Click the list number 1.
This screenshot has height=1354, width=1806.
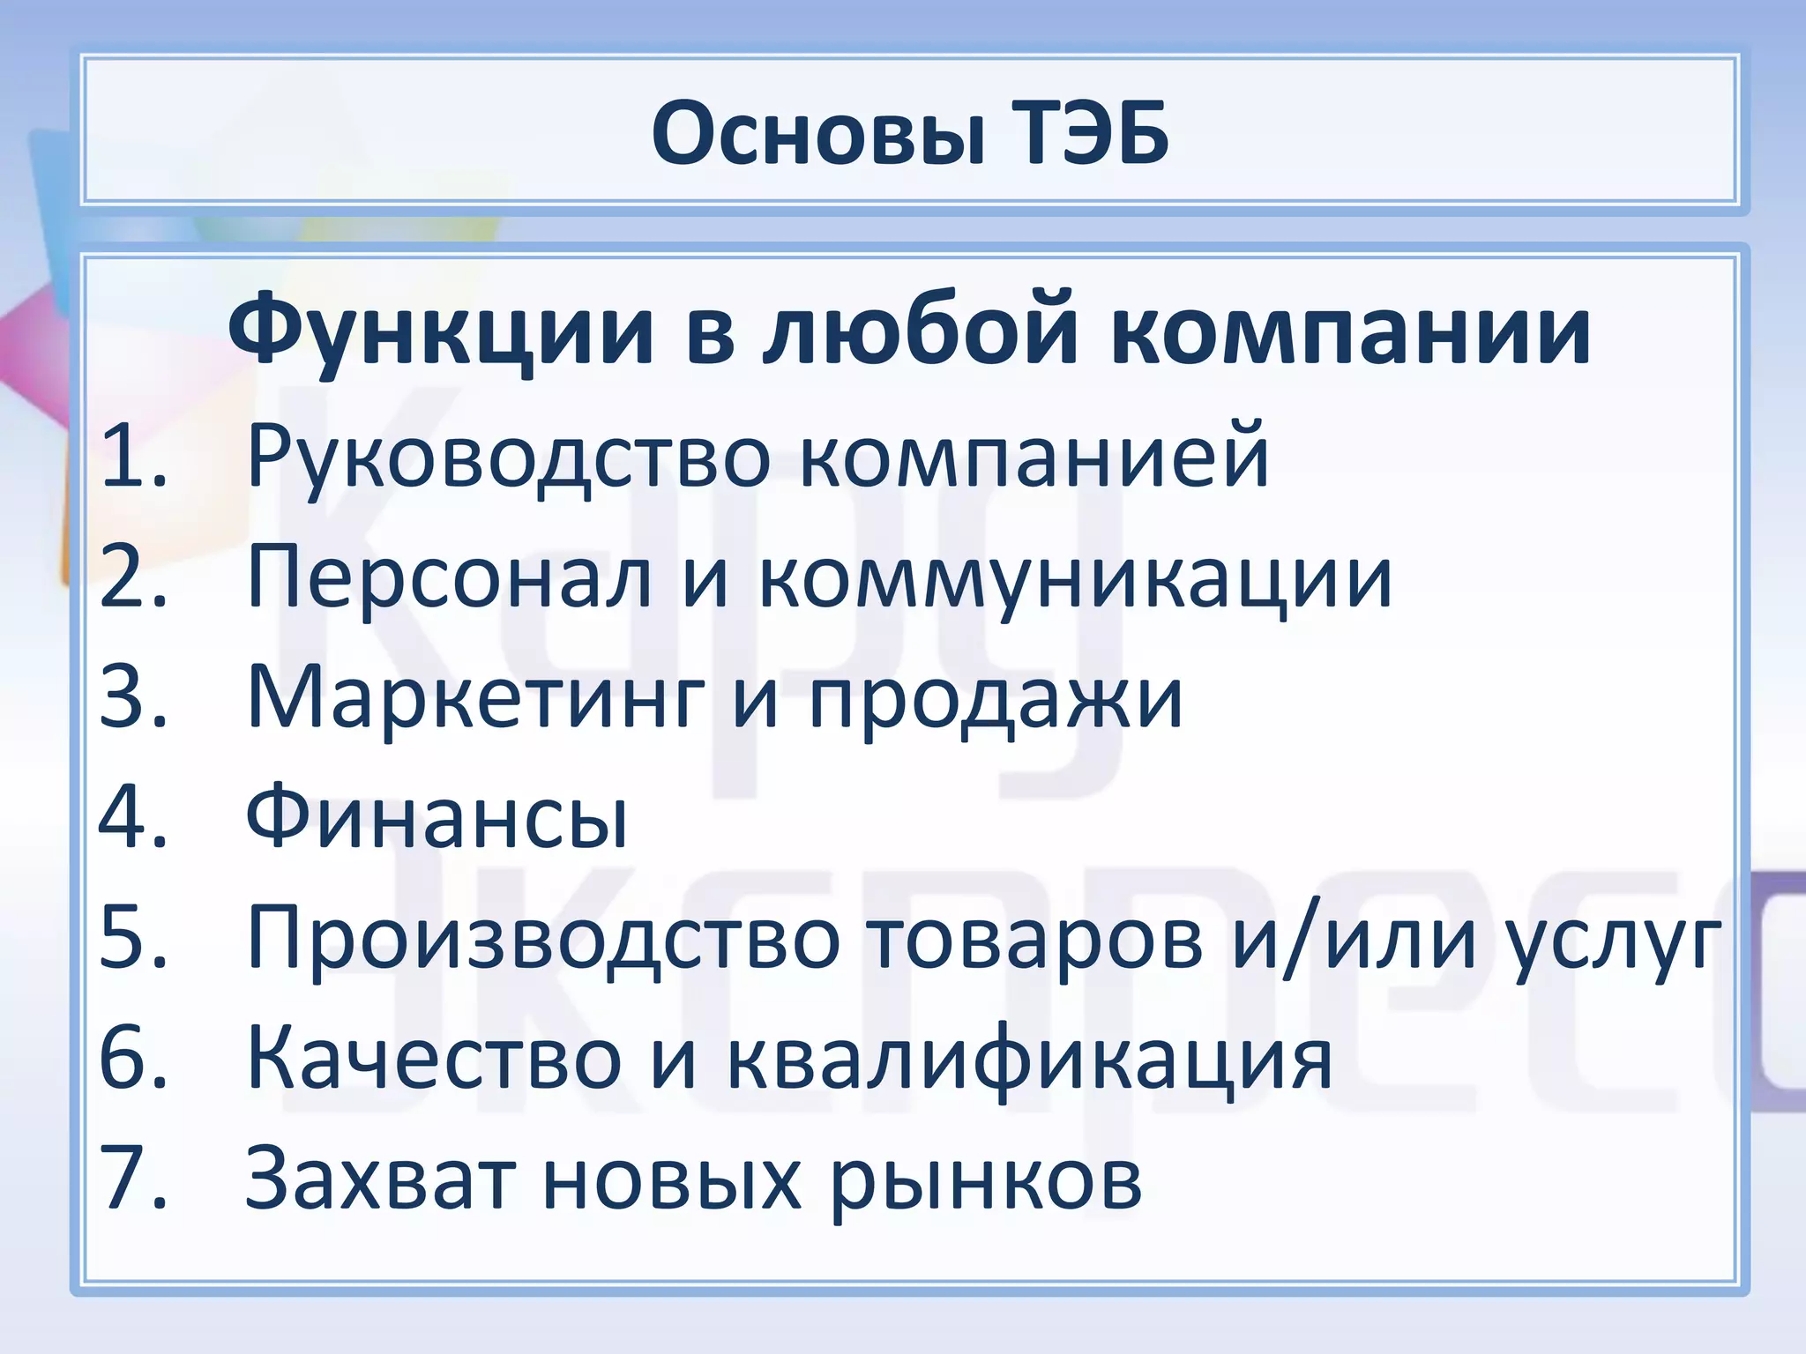[132, 456]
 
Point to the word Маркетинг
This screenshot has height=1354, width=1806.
[476, 699]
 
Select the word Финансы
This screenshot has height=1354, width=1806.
[437, 817]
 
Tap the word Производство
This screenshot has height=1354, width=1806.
[543, 939]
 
